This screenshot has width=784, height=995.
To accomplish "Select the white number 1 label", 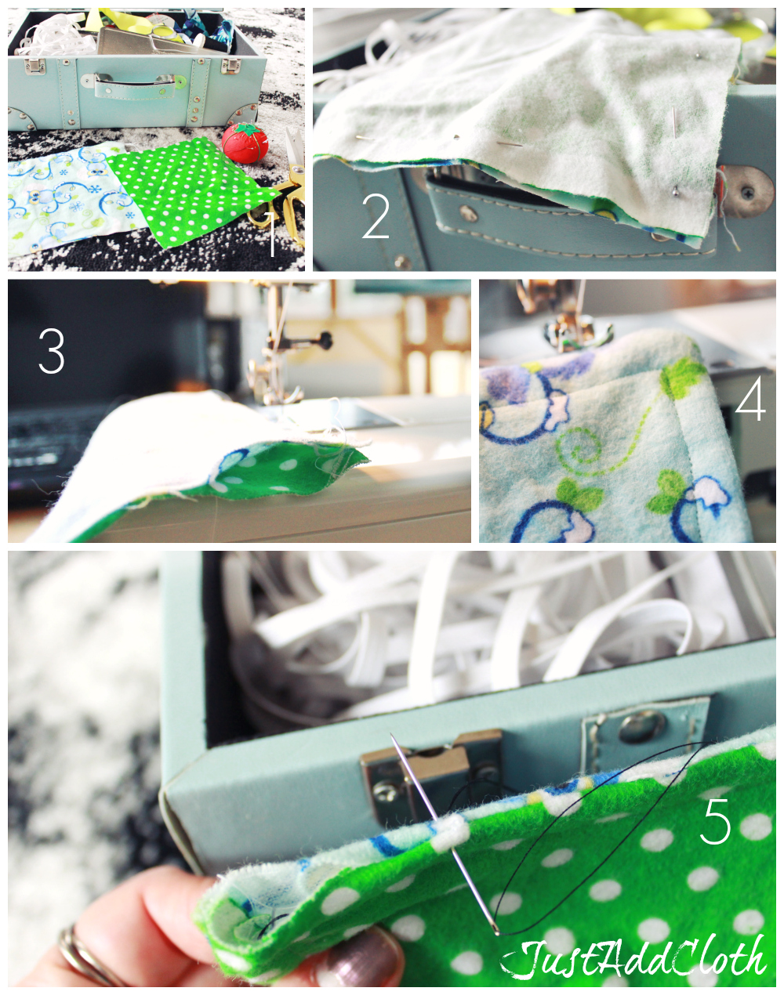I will [270, 233].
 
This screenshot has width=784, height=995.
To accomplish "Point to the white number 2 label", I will [376, 217].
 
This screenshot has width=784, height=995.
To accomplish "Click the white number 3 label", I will [52, 352].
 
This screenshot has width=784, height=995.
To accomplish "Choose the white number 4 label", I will [750, 402].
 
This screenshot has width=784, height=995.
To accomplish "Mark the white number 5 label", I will [715, 822].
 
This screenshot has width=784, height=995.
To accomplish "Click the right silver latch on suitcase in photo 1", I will [229, 63].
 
